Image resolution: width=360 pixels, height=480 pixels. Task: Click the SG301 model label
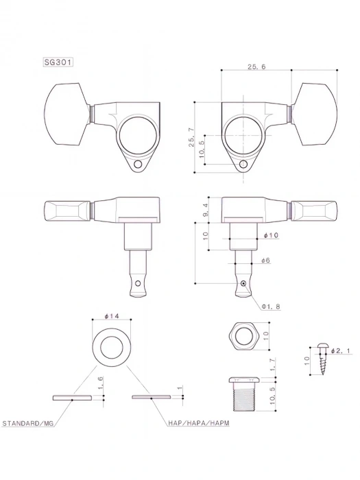(x=58, y=62)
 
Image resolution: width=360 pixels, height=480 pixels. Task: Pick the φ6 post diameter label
(x=266, y=260)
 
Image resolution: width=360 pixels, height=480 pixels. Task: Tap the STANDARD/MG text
(x=29, y=424)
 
